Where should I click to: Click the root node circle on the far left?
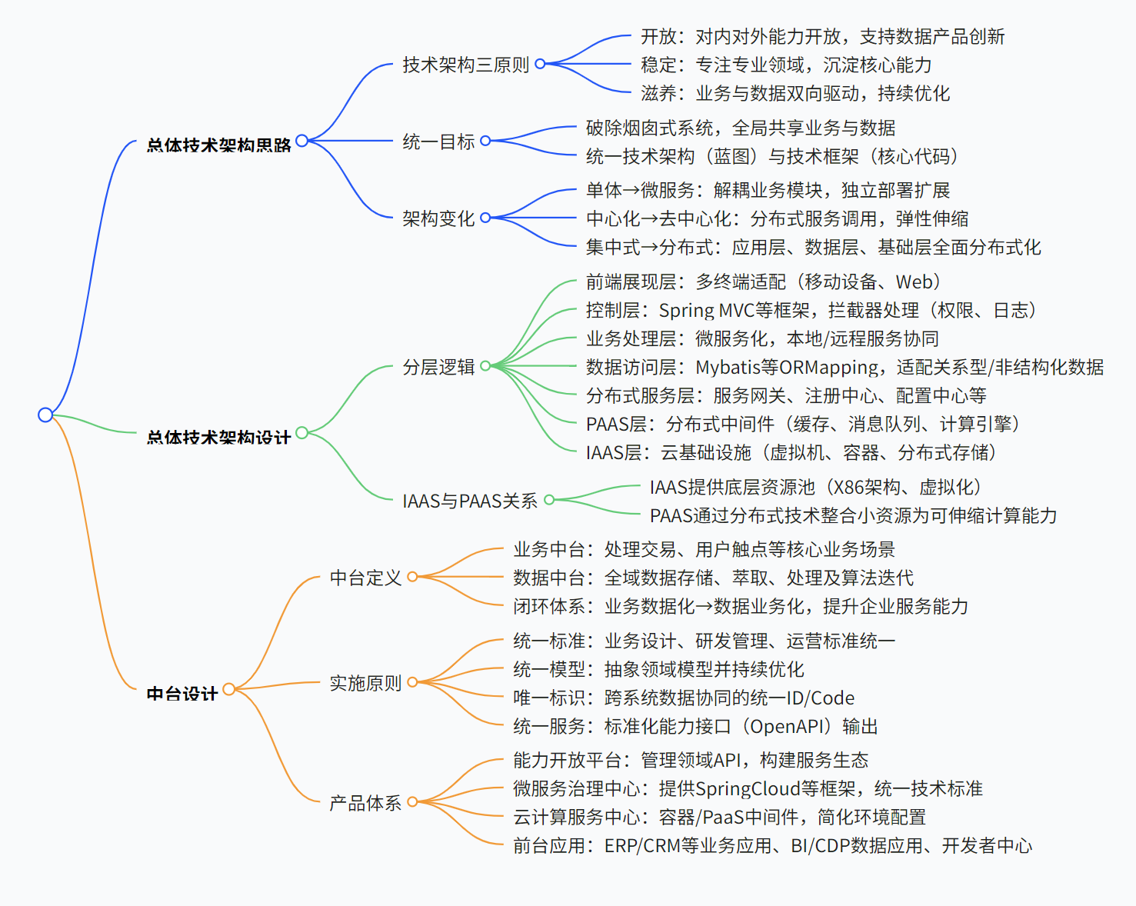[x=45, y=415]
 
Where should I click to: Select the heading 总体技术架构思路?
[x=218, y=144]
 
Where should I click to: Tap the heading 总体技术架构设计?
[x=218, y=437]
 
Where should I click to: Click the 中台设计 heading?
[x=182, y=693]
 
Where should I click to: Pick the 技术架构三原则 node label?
[x=465, y=65]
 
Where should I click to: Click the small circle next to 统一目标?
[x=485, y=141]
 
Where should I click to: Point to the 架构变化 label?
[x=438, y=218]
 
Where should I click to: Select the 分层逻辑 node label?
[x=438, y=367]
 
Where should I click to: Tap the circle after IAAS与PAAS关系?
[x=549, y=500]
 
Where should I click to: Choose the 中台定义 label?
[x=365, y=578]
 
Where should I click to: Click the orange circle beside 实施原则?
[x=412, y=682]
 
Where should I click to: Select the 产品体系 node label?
[x=365, y=803]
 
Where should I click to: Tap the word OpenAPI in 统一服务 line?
[x=789, y=727]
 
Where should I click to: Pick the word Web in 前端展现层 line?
[x=913, y=282]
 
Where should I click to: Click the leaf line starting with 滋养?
[x=795, y=94]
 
